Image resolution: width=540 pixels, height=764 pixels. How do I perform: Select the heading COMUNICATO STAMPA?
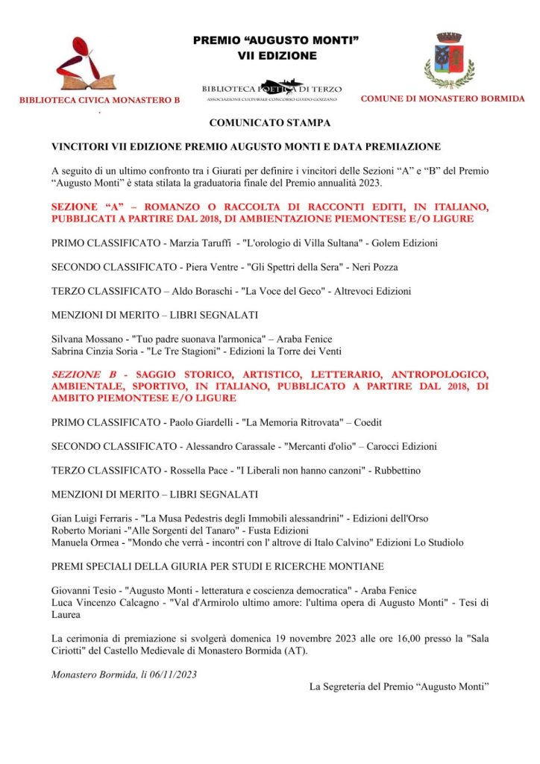tap(269, 122)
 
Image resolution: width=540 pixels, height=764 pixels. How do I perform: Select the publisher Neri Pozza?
tap(376, 266)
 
